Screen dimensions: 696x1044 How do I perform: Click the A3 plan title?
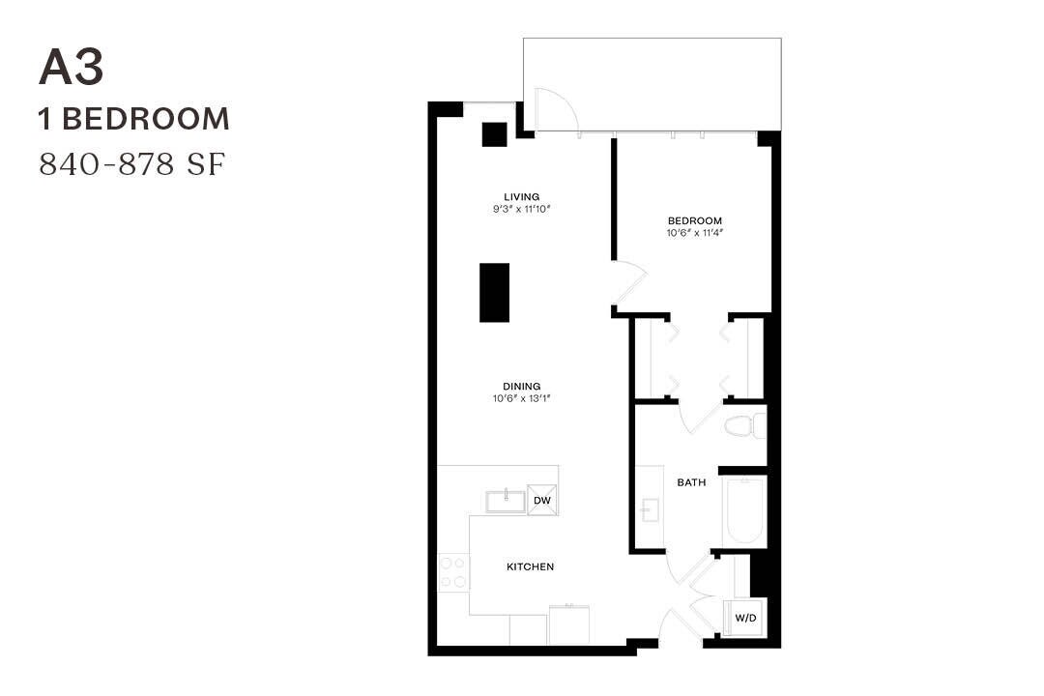click(72, 69)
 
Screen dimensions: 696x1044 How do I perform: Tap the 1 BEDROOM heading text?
click(134, 119)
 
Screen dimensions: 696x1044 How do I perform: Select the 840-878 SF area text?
click(132, 164)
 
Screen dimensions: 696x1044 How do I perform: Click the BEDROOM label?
click(694, 220)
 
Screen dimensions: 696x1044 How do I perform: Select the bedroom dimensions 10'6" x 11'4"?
click(694, 232)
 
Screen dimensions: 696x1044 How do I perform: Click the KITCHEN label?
click(531, 566)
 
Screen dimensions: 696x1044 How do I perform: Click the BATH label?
click(691, 481)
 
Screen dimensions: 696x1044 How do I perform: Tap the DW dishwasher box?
click(542, 501)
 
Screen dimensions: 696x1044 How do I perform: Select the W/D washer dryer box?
click(744, 617)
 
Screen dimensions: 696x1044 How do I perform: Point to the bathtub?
click(744, 511)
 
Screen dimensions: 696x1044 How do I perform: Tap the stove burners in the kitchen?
click(452, 572)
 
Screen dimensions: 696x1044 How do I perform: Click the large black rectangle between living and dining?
click(494, 293)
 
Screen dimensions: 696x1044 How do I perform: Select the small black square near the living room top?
click(495, 134)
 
